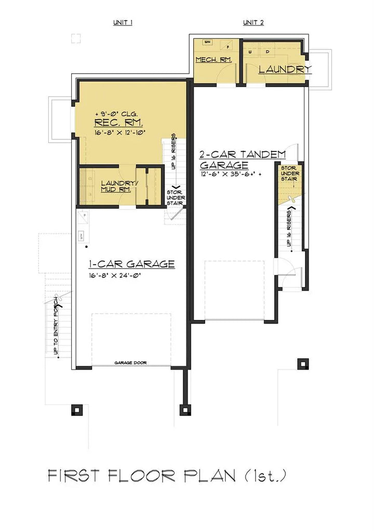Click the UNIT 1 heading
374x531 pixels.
tap(123, 23)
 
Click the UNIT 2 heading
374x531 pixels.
tap(253, 23)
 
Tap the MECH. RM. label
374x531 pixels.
tap(213, 60)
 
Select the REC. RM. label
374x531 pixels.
tap(118, 123)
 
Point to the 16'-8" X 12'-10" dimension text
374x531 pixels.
tap(119, 133)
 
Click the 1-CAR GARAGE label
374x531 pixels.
tap(131, 264)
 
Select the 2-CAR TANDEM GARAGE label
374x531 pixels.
tap(243, 159)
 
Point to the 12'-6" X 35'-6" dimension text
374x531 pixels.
tap(229, 174)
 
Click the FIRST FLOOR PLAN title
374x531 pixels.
tap(167, 476)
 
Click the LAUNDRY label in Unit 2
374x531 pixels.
tap(285, 69)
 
